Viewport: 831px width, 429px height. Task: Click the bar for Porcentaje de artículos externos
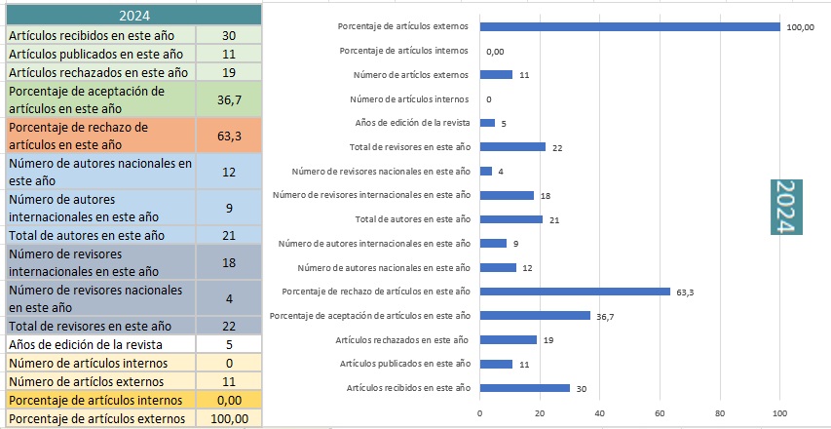point(630,26)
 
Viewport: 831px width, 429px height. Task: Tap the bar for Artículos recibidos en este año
point(525,387)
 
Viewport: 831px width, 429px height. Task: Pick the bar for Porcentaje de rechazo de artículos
point(575,291)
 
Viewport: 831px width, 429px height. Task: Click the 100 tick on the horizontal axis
point(780,412)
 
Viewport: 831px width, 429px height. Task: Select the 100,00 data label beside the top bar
point(801,27)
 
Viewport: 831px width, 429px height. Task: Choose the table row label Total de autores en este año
point(87,235)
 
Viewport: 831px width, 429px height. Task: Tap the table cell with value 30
point(229,35)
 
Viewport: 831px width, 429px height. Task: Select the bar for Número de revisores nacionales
point(486,171)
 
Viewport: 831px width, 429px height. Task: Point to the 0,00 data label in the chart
point(495,51)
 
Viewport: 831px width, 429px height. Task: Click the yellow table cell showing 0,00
point(229,399)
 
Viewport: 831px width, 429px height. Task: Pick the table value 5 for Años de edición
point(229,343)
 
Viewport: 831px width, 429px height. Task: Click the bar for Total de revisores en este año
point(512,146)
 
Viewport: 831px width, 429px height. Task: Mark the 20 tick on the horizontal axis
point(540,412)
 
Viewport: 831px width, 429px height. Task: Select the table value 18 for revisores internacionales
point(229,261)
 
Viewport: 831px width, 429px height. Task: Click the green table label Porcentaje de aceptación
point(100,98)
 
